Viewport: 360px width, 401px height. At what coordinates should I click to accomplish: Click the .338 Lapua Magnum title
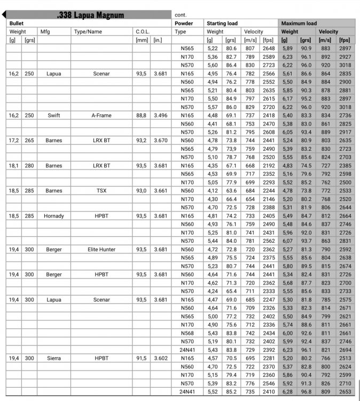tap(90, 15)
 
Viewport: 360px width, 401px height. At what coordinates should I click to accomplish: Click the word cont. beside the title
tap(181, 15)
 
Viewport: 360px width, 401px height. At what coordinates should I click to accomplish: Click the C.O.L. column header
tap(142, 32)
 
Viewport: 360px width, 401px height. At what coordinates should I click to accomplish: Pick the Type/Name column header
tap(88, 32)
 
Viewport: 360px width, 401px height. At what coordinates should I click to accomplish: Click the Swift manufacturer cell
tap(53, 115)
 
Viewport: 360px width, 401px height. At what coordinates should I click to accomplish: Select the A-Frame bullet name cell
tap(101, 115)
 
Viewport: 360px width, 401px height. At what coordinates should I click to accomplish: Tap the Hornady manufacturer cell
tap(53, 215)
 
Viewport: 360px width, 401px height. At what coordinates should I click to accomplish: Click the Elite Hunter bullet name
tap(101, 249)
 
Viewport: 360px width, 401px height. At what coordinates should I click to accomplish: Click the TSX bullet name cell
tap(101, 190)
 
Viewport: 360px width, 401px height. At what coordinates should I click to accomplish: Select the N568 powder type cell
tap(187, 333)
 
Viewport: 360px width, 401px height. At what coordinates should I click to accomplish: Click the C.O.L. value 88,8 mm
tap(142, 115)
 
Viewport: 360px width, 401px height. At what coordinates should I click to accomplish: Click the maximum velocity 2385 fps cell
tap(345, 165)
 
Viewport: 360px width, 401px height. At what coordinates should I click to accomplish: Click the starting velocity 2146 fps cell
tap(268, 199)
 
